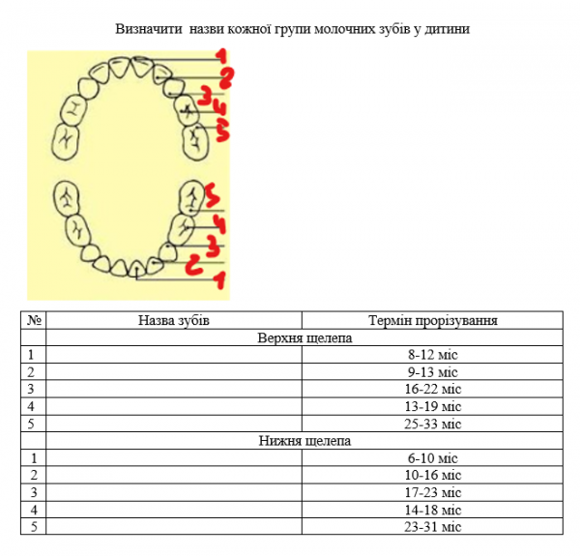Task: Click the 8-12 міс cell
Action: click(432, 355)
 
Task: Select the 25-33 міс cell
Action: click(432, 424)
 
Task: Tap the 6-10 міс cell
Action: click(432, 457)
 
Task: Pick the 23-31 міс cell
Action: click(432, 526)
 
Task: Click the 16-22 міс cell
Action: click(432, 390)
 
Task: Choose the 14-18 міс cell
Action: click(432, 510)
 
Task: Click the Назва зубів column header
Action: click(174, 320)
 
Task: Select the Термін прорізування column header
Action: click(432, 320)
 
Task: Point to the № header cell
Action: click(34, 320)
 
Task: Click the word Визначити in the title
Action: click(145, 29)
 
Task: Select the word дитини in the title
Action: click(448, 29)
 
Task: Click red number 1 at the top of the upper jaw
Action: click(221, 56)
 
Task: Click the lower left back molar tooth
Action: click(66, 198)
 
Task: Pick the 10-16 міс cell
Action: click(432, 475)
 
